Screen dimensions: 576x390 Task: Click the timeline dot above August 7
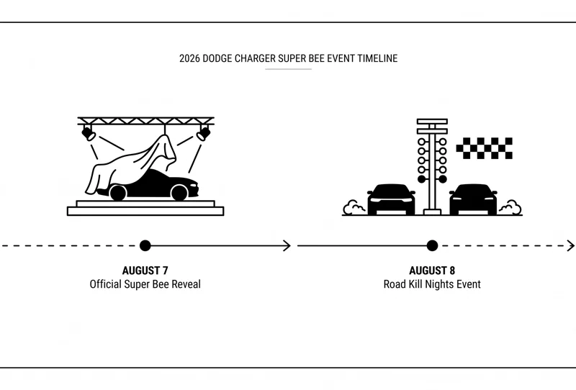(x=145, y=245)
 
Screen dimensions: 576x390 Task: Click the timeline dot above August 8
(x=433, y=245)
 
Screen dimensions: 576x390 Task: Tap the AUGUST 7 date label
(x=145, y=271)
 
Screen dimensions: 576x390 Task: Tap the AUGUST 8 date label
(x=432, y=271)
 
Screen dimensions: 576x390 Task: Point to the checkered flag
(x=484, y=148)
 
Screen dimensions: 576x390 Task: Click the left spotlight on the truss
(x=89, y=133)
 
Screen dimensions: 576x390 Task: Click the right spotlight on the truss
(x=204, y=133)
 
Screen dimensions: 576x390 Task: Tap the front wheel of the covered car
(x=179, y=193)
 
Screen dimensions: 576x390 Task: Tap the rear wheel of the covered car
(x=118, y=193)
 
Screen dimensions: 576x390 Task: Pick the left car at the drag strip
(x=391, y=199)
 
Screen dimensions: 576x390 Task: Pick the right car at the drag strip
(x=473, y=199)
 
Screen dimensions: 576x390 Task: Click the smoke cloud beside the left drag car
(x=354, y=207)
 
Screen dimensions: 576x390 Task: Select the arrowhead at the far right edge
(x=571, y=245)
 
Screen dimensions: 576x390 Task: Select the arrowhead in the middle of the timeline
(x=287, y=245)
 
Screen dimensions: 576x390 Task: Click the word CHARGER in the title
(x=255, y=58)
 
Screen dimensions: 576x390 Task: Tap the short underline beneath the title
(x=289, y=69)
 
